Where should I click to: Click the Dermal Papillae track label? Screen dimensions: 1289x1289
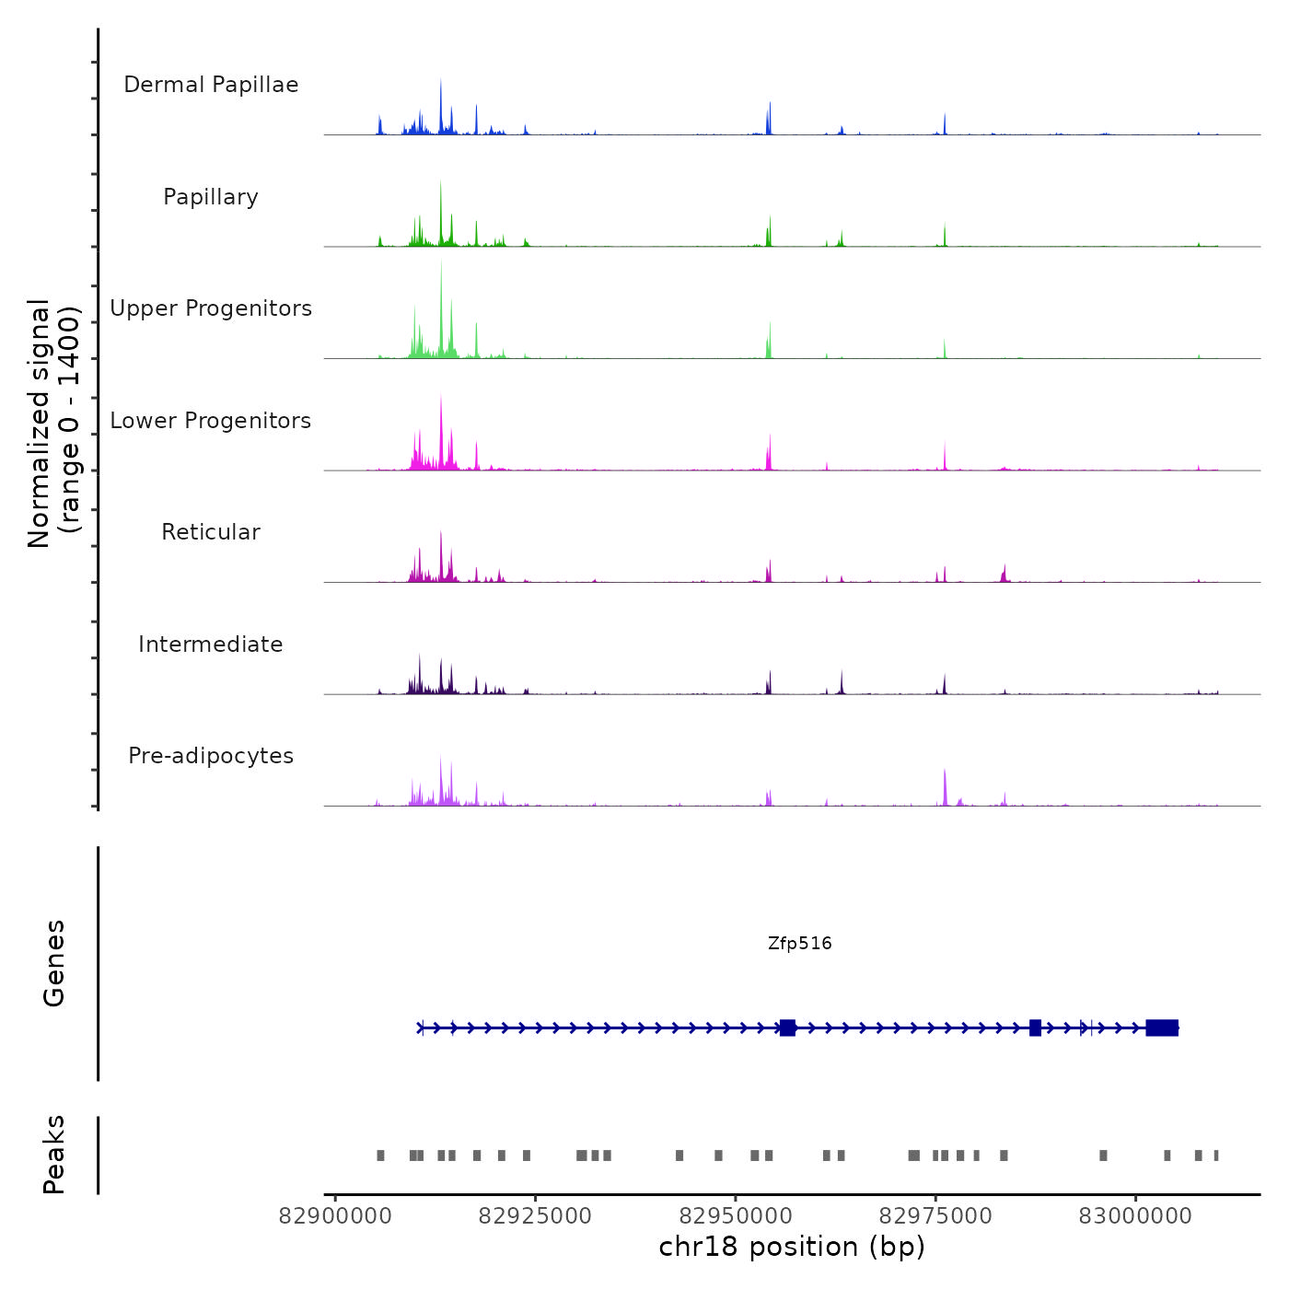click(x=211, y=85)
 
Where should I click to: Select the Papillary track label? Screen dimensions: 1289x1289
click(x=211, y=197)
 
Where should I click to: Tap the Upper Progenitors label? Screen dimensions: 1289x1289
click(x=211, y=308)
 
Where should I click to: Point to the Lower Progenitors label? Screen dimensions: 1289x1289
click(x=211, y=421)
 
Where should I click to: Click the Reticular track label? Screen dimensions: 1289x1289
click(x=211, y=532)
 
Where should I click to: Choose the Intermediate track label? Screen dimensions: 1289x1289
click(x=211, y=644)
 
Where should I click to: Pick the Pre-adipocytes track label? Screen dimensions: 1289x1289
click(x=211, y=756)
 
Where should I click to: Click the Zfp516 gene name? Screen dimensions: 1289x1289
click(x=799, y=944)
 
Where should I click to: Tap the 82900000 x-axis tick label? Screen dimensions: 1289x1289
click(x=335, y=1216)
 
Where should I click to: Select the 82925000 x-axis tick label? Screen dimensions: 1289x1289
click(x=535, y=1216)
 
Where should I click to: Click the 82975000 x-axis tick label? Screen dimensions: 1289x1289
click(x=935, y=1216)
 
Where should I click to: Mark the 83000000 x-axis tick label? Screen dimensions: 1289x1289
click(x=1135, y=1216)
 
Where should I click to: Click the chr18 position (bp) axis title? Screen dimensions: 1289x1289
click(x=792, y=1248)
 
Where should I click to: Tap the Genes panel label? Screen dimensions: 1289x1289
click(x=54, y=963)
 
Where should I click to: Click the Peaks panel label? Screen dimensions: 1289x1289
click(x=54, y=1155)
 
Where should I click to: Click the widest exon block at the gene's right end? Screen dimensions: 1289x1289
click(x=1162, y=1028)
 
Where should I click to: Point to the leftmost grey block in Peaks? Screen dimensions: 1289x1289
click(x=380, y=1155)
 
